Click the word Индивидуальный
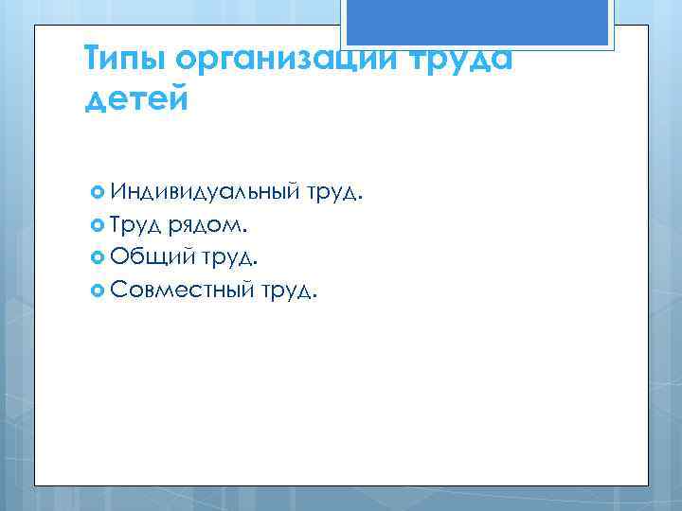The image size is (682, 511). [204, 195]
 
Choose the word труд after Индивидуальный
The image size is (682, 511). [332, 196]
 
